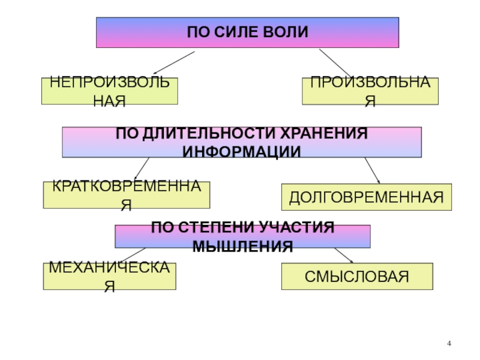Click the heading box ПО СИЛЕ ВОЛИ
pos(247,32)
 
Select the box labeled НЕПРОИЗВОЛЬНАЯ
pos(109,91)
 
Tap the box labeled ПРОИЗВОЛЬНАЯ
pos(370,91)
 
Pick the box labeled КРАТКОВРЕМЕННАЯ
pos(126,194)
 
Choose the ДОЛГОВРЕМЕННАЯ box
pos(366,197)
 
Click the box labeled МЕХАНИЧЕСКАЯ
pos(109,276)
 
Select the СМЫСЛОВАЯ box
pos(356,276)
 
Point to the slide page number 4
pos(448,343)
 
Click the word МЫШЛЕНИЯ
pos(242,245)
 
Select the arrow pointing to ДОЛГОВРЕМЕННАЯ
pos(373,171)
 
